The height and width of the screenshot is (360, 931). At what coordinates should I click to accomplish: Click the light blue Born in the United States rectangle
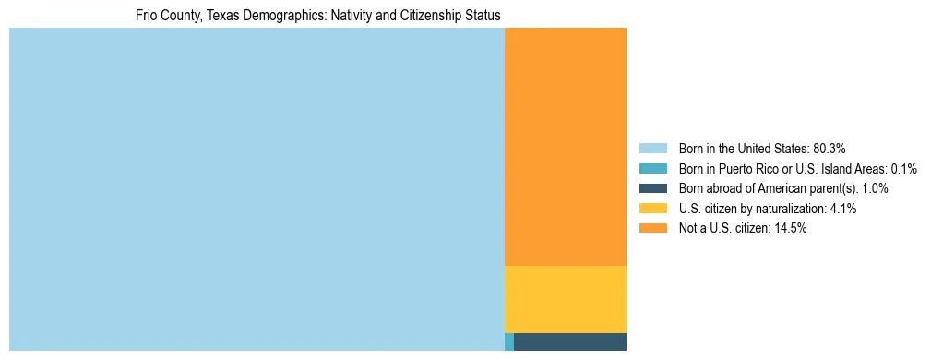257,189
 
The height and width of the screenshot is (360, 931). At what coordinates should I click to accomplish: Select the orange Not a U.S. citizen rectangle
566,147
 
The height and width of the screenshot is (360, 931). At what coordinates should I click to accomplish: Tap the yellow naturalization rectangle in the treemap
566,299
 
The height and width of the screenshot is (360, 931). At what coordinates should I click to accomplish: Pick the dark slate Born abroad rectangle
570,342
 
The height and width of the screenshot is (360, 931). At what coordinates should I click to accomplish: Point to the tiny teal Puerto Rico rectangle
509,342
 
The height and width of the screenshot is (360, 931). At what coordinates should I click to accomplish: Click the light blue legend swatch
652,148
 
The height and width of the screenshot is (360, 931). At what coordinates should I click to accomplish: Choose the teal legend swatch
652,168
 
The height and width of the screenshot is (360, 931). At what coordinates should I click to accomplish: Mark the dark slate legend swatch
652,188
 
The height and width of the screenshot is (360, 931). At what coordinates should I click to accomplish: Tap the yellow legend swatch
652,209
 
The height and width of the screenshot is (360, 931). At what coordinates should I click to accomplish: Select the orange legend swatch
652,228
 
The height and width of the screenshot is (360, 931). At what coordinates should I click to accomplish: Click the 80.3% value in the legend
830,148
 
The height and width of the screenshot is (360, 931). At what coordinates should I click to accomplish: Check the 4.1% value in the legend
843,209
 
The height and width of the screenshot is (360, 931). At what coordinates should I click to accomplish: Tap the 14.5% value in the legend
791,228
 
